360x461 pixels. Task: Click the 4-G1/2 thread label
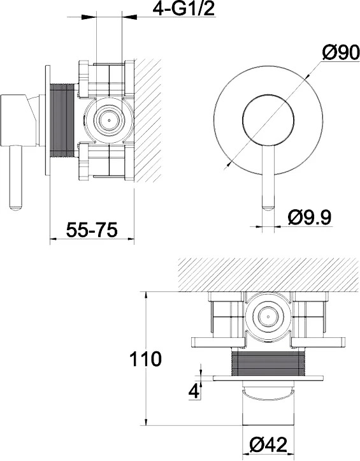point(184,9)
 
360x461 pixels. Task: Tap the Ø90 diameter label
point(341,53)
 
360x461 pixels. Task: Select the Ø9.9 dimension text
point(310,218)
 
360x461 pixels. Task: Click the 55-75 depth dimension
point(91,230)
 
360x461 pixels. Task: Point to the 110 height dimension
point(145,359)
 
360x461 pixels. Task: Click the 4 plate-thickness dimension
point(194,391)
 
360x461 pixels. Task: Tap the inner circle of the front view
point(268,120)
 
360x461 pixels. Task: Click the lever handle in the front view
point(268,178)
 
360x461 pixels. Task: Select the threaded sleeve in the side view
point(62,121)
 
